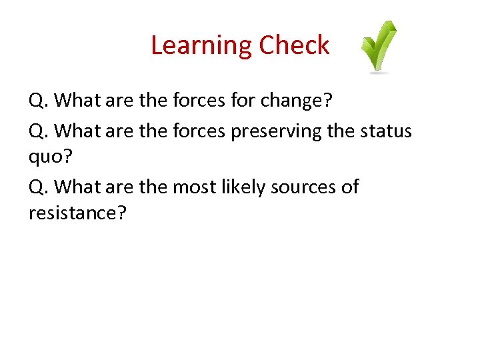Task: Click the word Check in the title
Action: click(x=294, y=45)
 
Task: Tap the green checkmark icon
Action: click(x=379, y=47)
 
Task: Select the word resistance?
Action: click(x=77, y=215)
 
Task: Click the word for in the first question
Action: click(x=246, y=101)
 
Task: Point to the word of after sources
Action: click(x=350, y=187)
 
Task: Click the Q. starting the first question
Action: click(x=38, y=101)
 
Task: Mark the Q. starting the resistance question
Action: click(x=38, y=187)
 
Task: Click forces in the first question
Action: click(x=199, y=101)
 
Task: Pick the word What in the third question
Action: click(x=76, y=187)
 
